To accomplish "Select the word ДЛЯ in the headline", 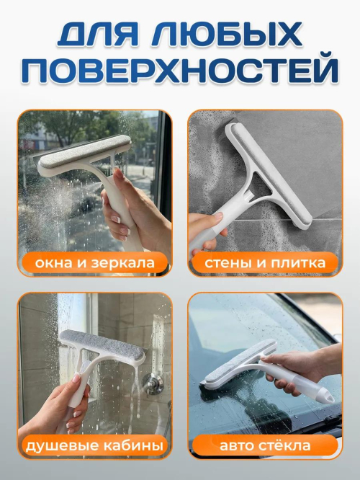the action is click(x=99, y=34).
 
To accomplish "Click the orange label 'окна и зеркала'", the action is click(x=95, y=263).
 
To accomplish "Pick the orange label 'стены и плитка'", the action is click(x=265, y=263).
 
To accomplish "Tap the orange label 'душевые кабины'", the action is click(x=95, y=445).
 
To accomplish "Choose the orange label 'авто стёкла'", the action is click(x=265, y=445).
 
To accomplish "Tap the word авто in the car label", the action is click(x=236, y=446).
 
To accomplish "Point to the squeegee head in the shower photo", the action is click(x=102, y=347).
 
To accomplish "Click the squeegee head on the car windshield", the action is click(x=238, y=363).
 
